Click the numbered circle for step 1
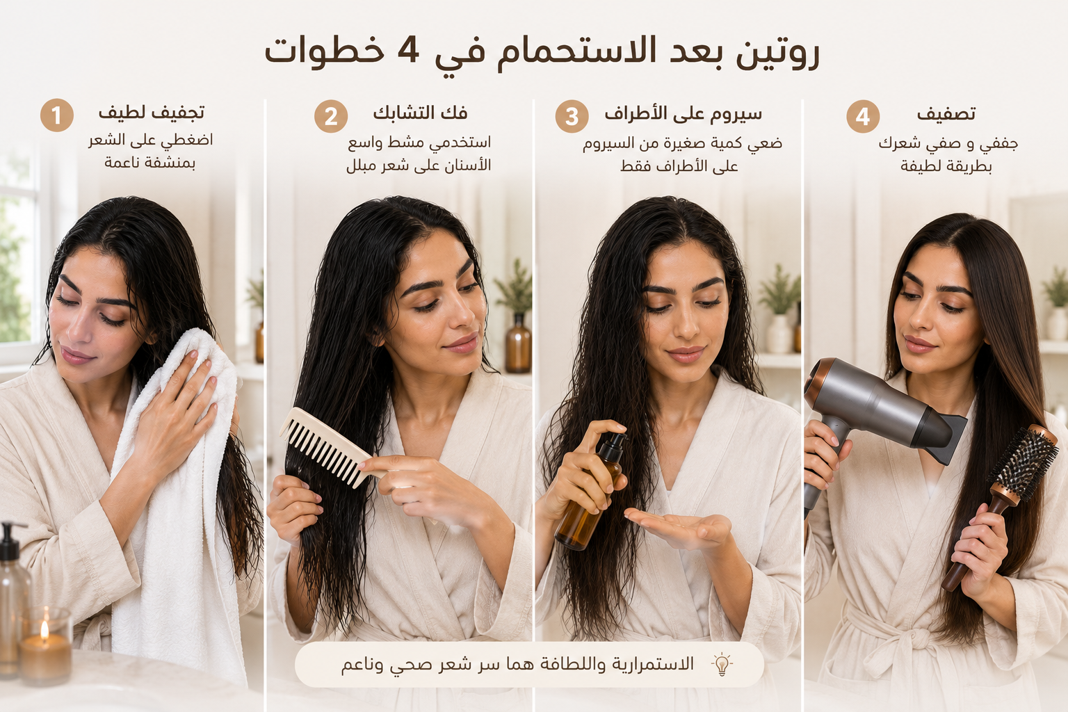pyautogui.click(x=57, y=115)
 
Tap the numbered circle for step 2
pyautogui.click(x=331, y=116)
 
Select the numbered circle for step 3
pyautogui.click(x=572, y=116)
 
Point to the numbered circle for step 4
pyautogui.click(x=863, y=116)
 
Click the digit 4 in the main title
pyautogui.click(x=408, y=51)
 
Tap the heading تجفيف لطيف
pyautogui.click(x=152, y=113)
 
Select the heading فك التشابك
pyautogui.click(x=420, y=113)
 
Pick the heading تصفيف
pyautogui.click(x=946, y=114)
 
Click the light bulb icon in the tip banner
pyautogui.click(x=722, y=664)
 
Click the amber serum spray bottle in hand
pyautogui.click(x=590, y=492)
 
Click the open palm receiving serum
pyautogui.click(x=677, y=528)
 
